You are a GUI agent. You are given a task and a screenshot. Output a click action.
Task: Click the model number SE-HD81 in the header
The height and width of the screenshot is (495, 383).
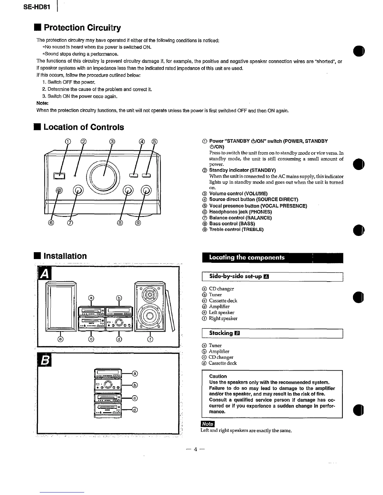(37, 7)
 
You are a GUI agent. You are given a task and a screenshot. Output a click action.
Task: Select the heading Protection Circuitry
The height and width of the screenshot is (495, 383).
(82, 28)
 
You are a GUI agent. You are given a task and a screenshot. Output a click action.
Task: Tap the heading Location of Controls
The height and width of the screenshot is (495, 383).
(84, 127)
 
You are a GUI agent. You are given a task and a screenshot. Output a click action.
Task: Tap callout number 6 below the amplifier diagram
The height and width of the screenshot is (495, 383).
(52, 223)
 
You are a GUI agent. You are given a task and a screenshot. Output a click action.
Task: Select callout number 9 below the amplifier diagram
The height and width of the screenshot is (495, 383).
(138, 223)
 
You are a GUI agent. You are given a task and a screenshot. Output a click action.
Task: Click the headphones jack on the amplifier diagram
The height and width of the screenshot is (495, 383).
(59, 190)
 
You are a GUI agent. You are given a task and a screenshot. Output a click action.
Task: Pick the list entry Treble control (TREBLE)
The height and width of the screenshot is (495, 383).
(236, 229)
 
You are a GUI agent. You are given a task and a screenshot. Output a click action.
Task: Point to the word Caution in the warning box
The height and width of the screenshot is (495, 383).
(218, 376)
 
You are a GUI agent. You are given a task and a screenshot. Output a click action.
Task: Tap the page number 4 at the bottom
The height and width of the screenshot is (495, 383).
(195, 449)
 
